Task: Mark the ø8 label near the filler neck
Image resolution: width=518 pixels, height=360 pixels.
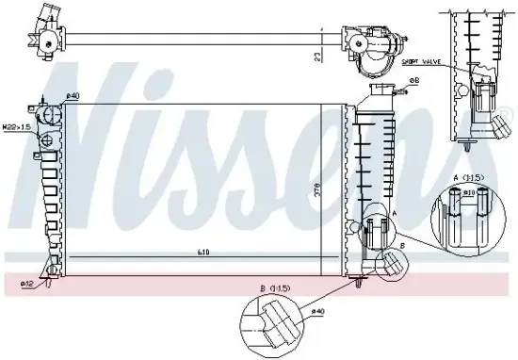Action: (413, 81)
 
